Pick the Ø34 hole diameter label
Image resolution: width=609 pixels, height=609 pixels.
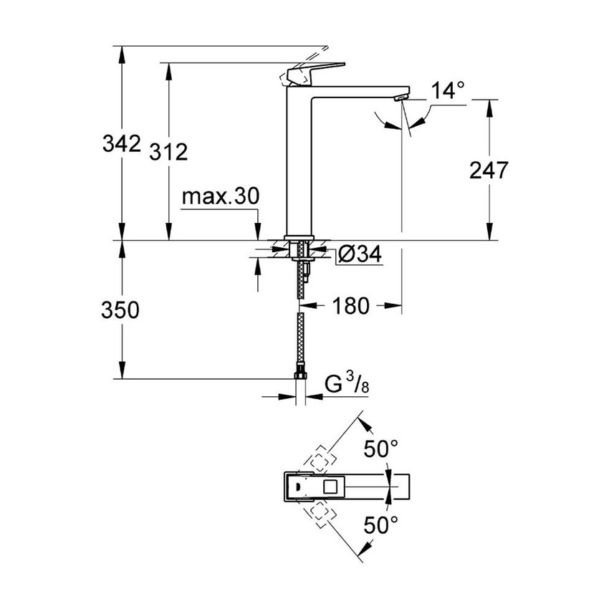(358, 253)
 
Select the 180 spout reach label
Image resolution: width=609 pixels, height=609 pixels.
(350, 306)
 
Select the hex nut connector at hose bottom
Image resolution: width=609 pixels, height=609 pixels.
(301, 375)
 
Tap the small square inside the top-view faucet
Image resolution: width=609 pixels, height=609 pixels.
(331, 488)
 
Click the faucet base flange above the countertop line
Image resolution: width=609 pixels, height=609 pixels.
(301, 237)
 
